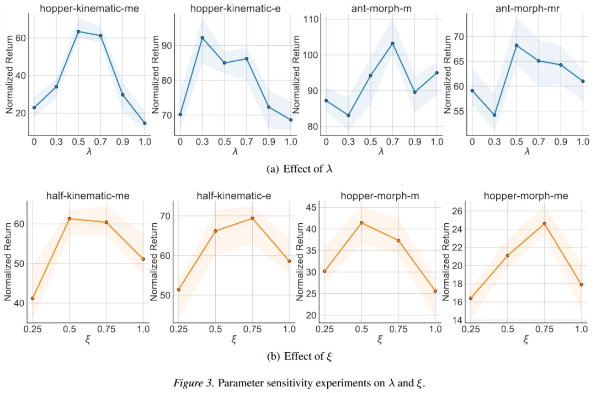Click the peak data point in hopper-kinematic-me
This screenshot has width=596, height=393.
[x=78, y=31]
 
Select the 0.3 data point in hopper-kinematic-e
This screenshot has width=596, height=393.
[x=202, y=38]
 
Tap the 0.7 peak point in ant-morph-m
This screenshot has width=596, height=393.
[x=392, y=43]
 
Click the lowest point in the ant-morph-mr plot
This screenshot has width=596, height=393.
[x=494, y=115]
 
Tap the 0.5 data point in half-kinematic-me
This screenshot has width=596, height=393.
[x=70, y=219]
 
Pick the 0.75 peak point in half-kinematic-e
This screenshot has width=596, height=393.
[x=252, y=218]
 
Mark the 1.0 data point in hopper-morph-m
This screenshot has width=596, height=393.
[x=435, y=291]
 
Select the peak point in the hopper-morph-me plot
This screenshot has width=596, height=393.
[x=544, y=224]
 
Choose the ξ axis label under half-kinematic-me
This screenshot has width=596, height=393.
[x=88, y=340]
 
